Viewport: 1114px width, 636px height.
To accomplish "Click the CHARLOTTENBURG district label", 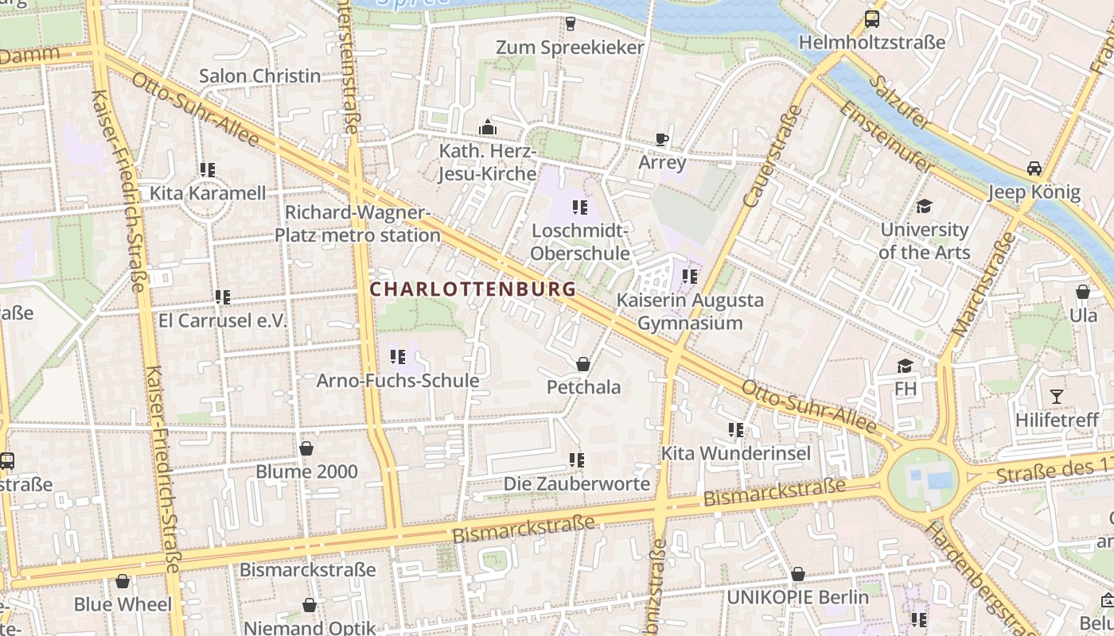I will (473, 289).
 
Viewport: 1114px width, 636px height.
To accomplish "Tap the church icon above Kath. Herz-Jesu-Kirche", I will (487, 127).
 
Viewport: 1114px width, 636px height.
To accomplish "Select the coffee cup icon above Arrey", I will (661, 140).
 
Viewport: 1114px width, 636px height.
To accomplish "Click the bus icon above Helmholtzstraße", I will (872, 19).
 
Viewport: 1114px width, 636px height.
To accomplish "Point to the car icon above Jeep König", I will (1034, 169).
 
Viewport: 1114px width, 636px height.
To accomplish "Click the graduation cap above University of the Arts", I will (924, 207).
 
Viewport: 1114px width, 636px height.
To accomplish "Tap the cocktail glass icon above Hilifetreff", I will (1056, 396).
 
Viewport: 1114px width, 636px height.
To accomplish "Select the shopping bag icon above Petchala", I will (583, 364).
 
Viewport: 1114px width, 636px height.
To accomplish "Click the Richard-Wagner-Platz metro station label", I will (357, 223).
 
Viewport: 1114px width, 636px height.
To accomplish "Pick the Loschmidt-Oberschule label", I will (580, 242).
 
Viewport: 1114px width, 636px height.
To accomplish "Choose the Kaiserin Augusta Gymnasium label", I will (690, 312).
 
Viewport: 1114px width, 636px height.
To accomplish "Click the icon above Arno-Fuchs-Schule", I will (398, 357).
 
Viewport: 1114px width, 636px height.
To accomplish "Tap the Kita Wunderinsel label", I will (736, 453).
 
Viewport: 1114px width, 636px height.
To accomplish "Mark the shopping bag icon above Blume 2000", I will (306, 448).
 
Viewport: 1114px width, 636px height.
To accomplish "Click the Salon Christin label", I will (259, 76).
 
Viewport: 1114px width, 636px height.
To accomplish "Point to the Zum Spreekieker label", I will (570, 48).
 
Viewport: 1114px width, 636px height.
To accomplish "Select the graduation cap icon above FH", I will (905, 366).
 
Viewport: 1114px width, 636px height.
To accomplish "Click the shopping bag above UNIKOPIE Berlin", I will (798, 574).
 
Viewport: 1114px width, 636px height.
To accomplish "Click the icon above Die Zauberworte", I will (577, 460).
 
